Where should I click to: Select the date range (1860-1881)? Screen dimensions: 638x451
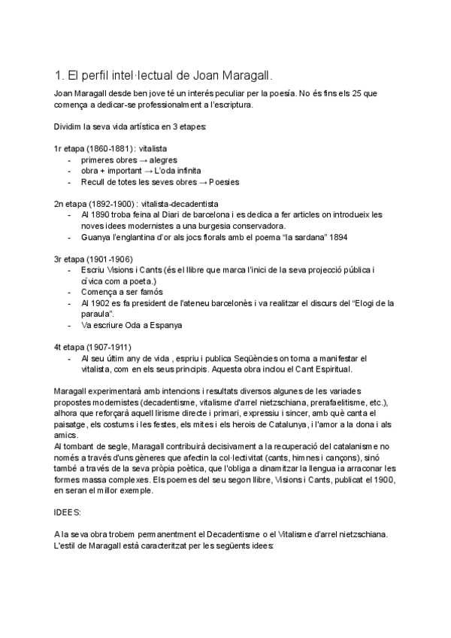(107, 150)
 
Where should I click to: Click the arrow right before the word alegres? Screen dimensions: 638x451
(142, 160)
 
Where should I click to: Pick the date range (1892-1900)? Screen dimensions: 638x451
(110, 204)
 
